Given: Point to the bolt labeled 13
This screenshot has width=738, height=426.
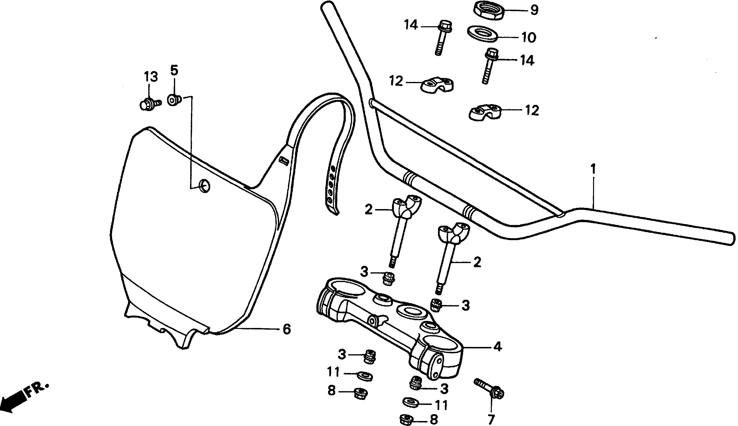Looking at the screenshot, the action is point(150,104).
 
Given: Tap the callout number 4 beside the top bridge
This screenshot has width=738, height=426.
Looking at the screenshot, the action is point(498,347).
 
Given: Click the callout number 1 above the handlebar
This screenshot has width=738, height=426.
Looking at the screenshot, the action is point(593,169).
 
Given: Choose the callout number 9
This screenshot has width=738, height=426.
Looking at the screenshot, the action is point(534,10).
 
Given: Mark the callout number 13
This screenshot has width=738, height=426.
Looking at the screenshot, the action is point(151,77).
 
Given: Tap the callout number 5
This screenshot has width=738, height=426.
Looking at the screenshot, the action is point(174,70).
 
